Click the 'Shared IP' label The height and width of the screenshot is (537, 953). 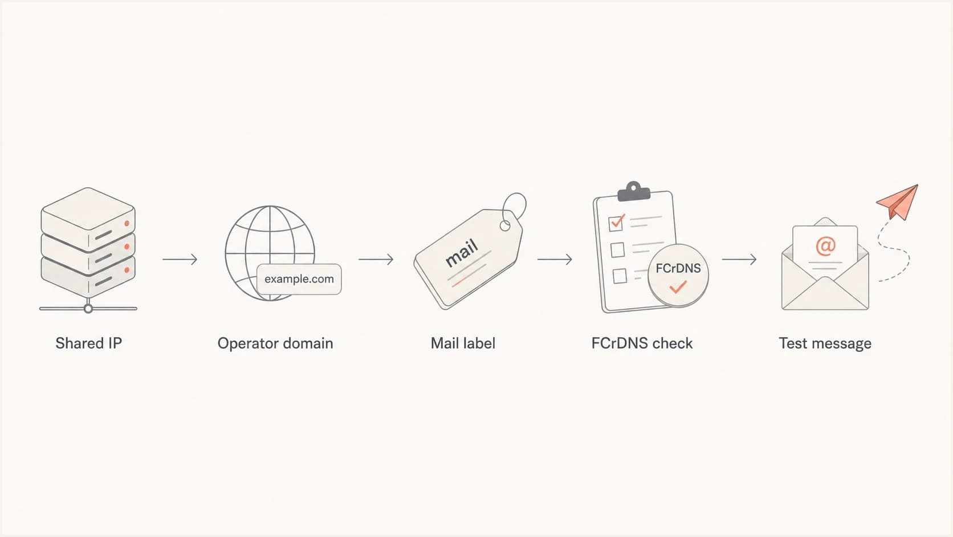[88, 343]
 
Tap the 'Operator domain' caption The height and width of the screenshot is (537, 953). [275, 343]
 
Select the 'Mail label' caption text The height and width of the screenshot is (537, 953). [463, 343]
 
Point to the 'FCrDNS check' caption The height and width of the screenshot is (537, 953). [642, 343]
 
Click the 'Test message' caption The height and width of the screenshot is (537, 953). [825, 344]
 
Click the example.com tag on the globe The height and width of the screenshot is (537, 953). [299, 280]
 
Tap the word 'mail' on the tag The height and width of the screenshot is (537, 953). [462, 253]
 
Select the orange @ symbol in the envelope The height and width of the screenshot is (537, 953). [825, 246]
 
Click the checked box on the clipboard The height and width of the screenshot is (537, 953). [616, 223]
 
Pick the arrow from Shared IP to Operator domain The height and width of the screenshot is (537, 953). [180, 259]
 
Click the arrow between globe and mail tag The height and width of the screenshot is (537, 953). [376, 259]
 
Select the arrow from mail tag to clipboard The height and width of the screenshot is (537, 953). [555, 259]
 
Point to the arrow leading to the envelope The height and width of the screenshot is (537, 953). [739, 259]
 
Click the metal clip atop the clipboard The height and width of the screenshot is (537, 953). [634, 192]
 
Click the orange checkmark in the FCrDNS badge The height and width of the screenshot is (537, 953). [678, 287]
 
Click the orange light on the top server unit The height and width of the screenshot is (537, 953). [127, 224]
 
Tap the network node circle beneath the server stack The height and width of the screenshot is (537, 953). [88, 309]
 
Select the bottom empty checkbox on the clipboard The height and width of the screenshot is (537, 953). [620, 276]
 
